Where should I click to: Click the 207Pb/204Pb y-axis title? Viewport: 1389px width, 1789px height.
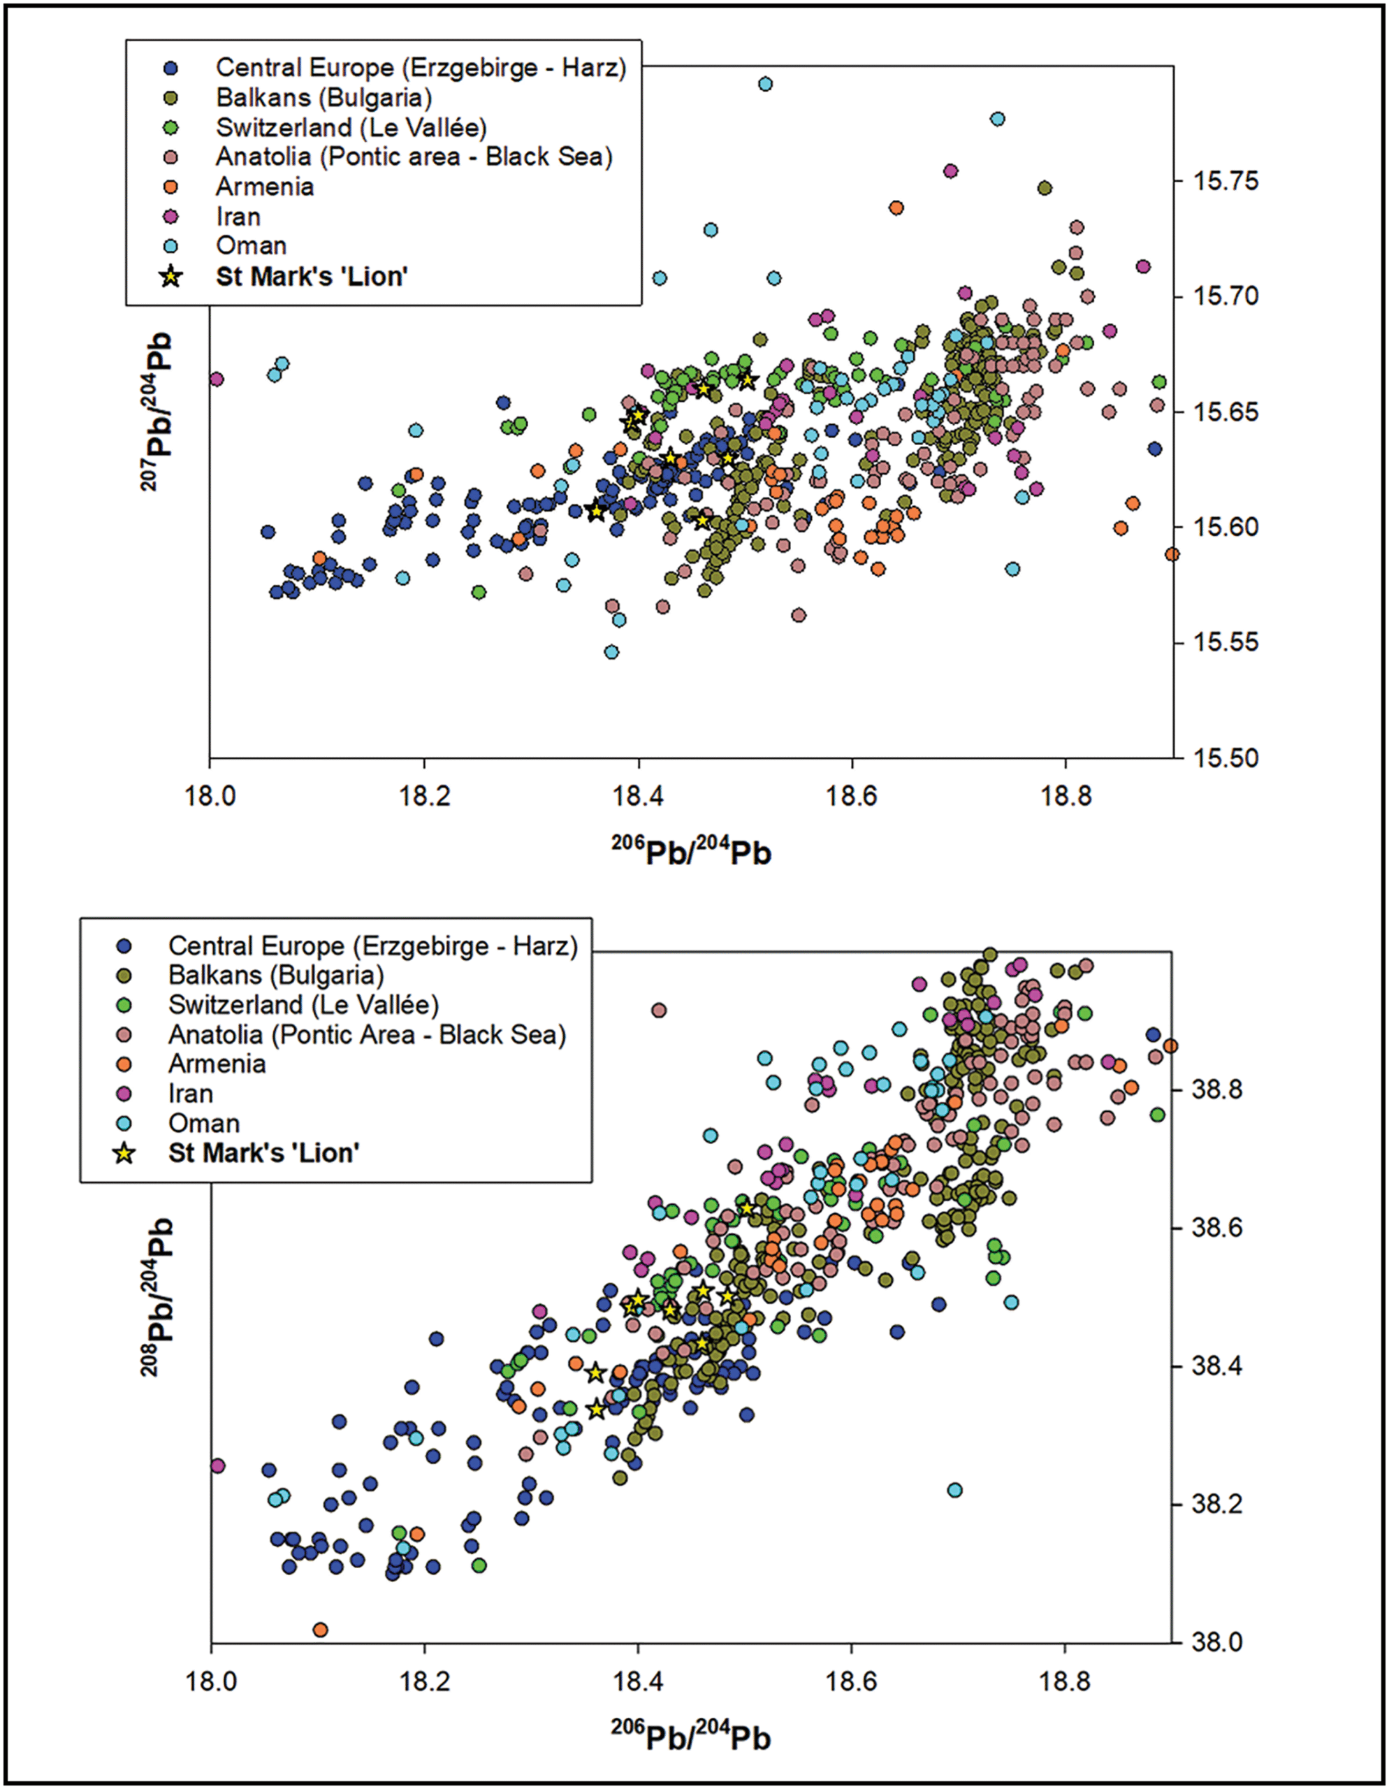tap(157, 410)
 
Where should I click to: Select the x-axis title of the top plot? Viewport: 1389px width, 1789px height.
tap(691, 853)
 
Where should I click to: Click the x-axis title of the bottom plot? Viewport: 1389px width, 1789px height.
tap(691, 1737)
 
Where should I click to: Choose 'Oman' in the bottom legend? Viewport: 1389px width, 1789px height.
tap(203, 1123)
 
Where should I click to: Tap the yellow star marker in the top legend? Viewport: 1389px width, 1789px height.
tap(170, 277)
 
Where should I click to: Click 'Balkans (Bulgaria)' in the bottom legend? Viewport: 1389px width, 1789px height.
tap(276, 975)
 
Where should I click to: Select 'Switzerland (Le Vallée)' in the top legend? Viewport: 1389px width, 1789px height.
tap(351, 128)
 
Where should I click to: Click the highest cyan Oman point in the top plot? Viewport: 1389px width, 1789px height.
tap(766, 84)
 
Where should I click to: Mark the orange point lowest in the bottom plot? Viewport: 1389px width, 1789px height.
tap(320, 1628)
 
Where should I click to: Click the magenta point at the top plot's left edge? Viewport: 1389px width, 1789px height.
tap(216, 379)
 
